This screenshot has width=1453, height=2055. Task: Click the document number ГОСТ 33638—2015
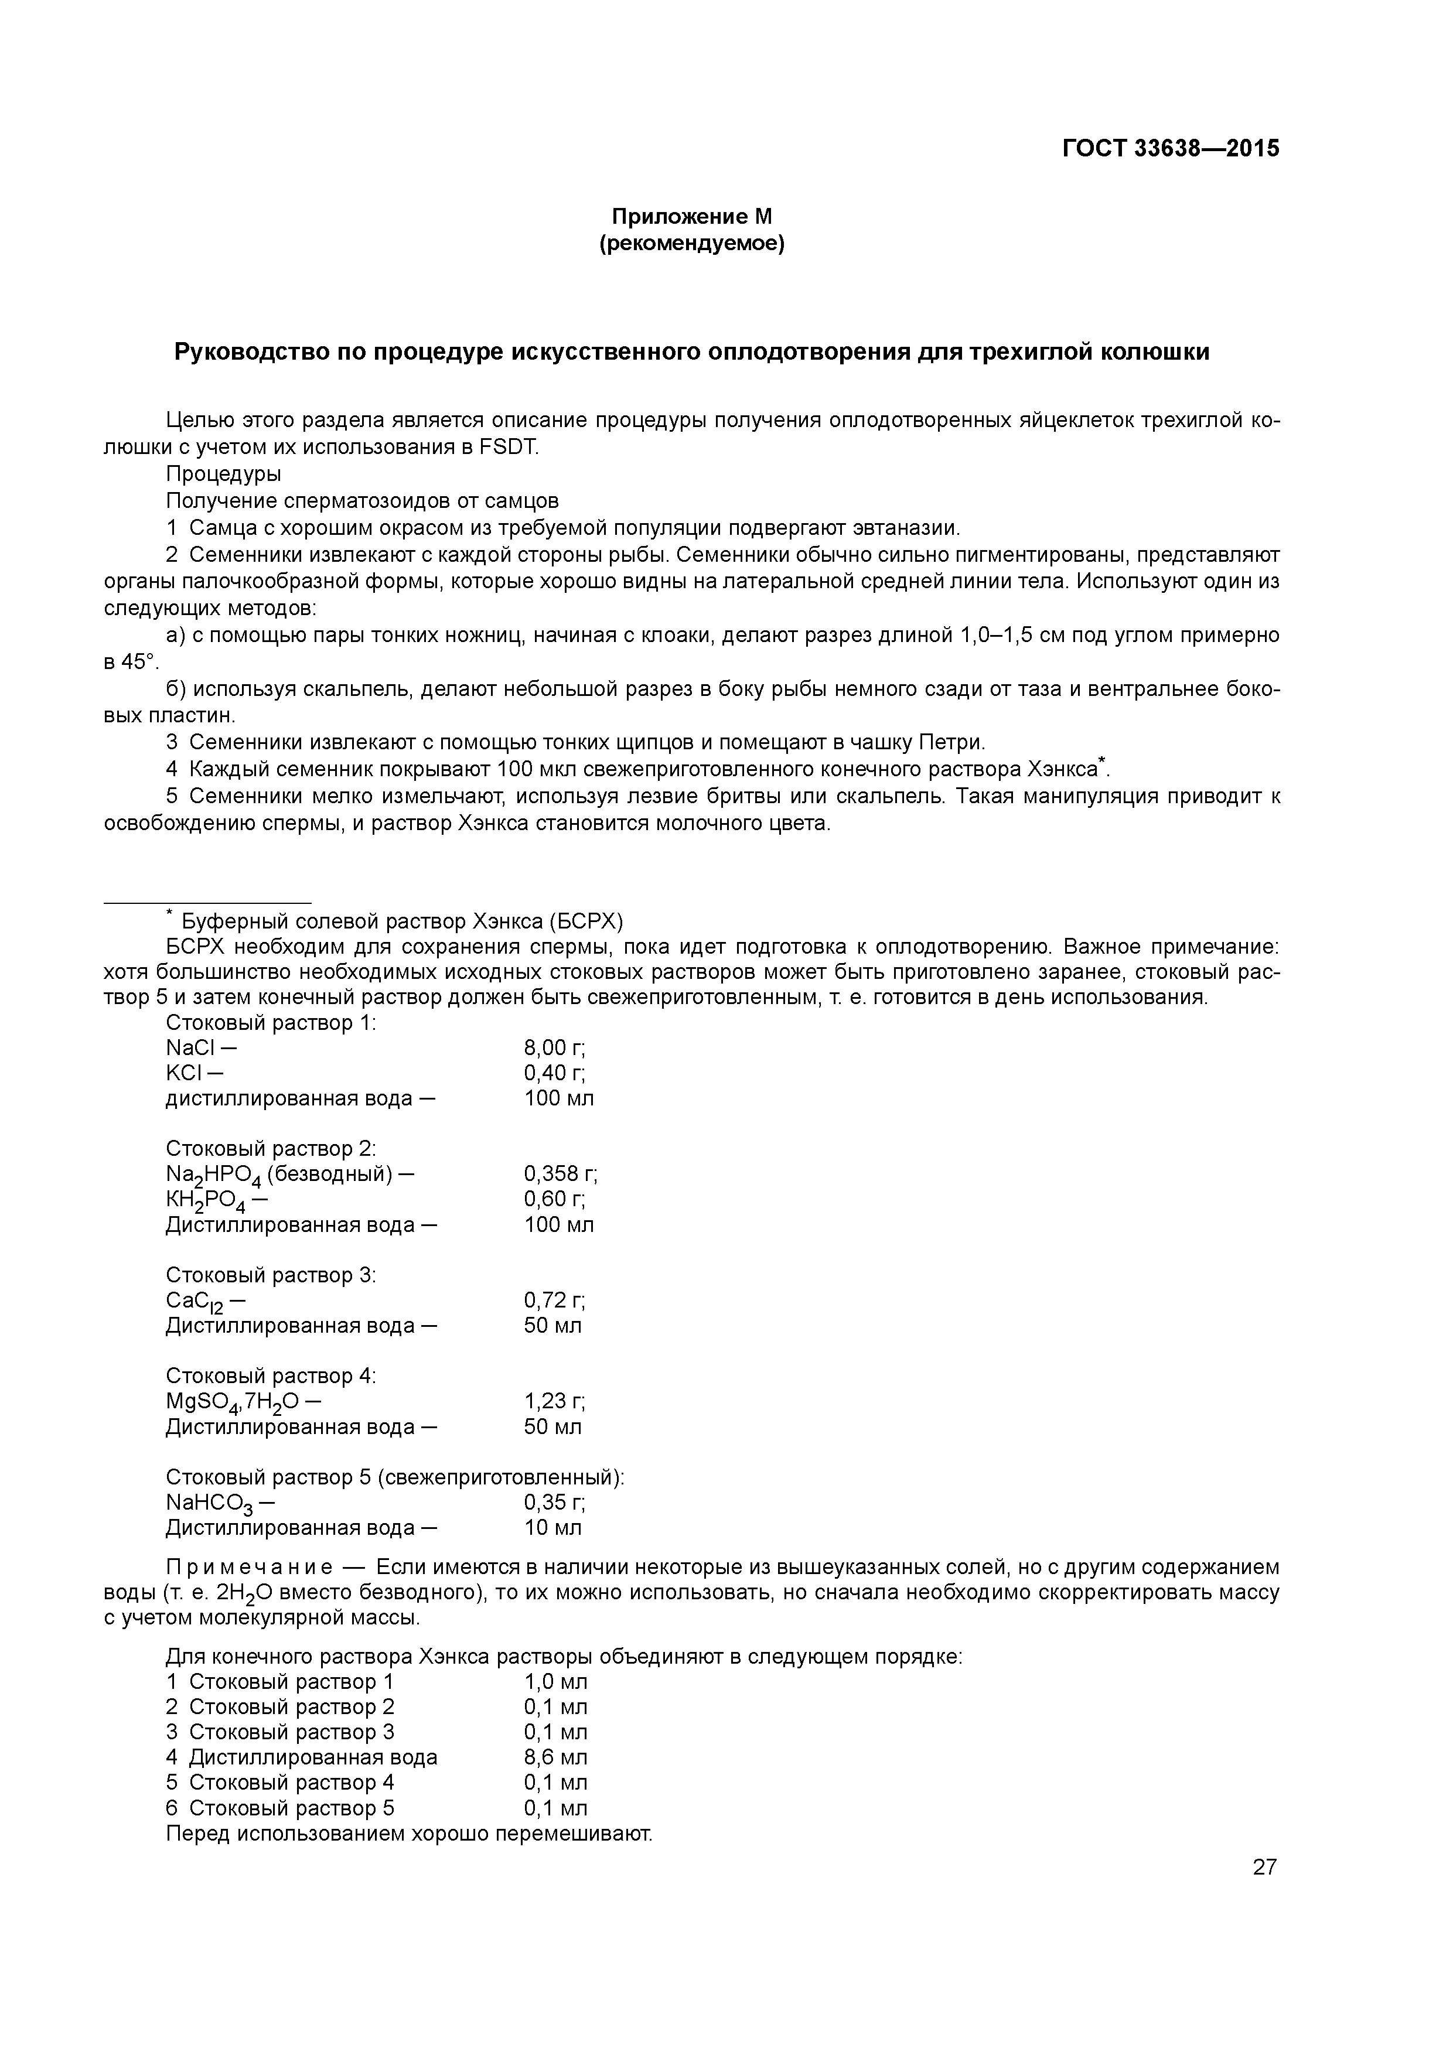[1171, 148]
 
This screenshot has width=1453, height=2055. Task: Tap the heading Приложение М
[691, 217]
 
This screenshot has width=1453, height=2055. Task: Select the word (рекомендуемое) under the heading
[691, 244]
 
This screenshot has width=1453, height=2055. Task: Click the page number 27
[1264, 1867]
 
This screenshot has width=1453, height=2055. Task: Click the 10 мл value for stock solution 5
[552, 1528]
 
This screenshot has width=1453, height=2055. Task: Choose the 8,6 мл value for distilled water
[555, 1757]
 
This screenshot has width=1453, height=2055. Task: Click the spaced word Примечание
[250, 1567]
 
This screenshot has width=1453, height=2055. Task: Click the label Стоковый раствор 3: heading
[270, 1275]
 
